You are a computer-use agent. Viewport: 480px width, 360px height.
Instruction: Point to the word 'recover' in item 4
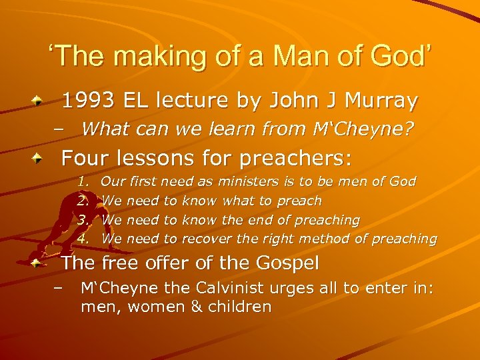coord(203,238)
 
